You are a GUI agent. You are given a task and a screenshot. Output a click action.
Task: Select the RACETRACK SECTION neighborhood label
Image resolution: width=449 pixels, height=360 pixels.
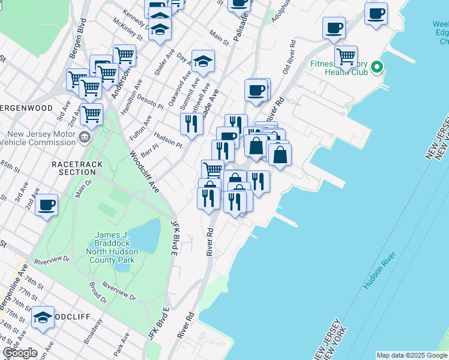[x=77, y=168]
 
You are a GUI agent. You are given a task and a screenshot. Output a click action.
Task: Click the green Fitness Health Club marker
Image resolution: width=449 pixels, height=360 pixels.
[x=377, y=67]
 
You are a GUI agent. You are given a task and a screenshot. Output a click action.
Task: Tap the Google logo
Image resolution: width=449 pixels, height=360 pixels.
[x=20, y=353]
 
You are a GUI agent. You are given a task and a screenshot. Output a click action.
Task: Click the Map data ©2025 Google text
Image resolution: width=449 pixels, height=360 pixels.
[x=412, y=355]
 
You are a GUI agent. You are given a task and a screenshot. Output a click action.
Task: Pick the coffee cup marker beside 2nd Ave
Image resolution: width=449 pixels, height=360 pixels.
[x=46, y=206]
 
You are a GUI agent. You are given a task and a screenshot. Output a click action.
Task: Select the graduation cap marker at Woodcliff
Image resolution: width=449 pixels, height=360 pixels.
[x=43, y=317]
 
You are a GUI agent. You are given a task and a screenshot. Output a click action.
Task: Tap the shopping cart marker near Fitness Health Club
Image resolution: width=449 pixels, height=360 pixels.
[x=346, y=57]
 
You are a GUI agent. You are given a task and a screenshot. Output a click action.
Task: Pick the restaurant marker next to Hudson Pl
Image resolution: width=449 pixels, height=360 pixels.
[x=191, y=124]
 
